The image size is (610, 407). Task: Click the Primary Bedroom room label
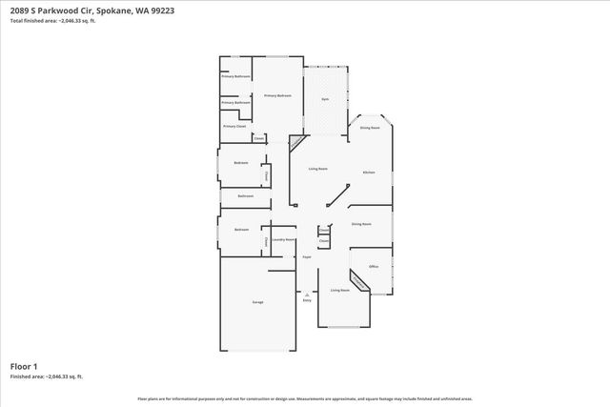click(277, 95)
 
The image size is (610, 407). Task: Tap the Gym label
click(325, 99)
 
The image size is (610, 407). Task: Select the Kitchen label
click(369, 172)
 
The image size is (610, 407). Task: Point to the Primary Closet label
click(234, 126)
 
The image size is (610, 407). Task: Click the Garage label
click(257, 302)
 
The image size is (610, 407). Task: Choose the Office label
click(374, 266)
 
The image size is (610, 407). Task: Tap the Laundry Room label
click(283, 239)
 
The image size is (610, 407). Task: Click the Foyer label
click(308, 257)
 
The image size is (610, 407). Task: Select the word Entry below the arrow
click(307, 301)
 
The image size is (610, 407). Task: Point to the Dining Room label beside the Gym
click(370, 127)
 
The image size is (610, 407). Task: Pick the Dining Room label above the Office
click(361, 224)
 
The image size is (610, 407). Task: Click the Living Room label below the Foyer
click(339, 290)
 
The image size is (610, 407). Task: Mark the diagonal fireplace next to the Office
click(359, 281)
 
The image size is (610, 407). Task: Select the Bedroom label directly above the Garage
click(241, 230)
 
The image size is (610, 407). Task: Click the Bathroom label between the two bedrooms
click(245, 195)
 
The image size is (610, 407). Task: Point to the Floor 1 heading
click(24, 366)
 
